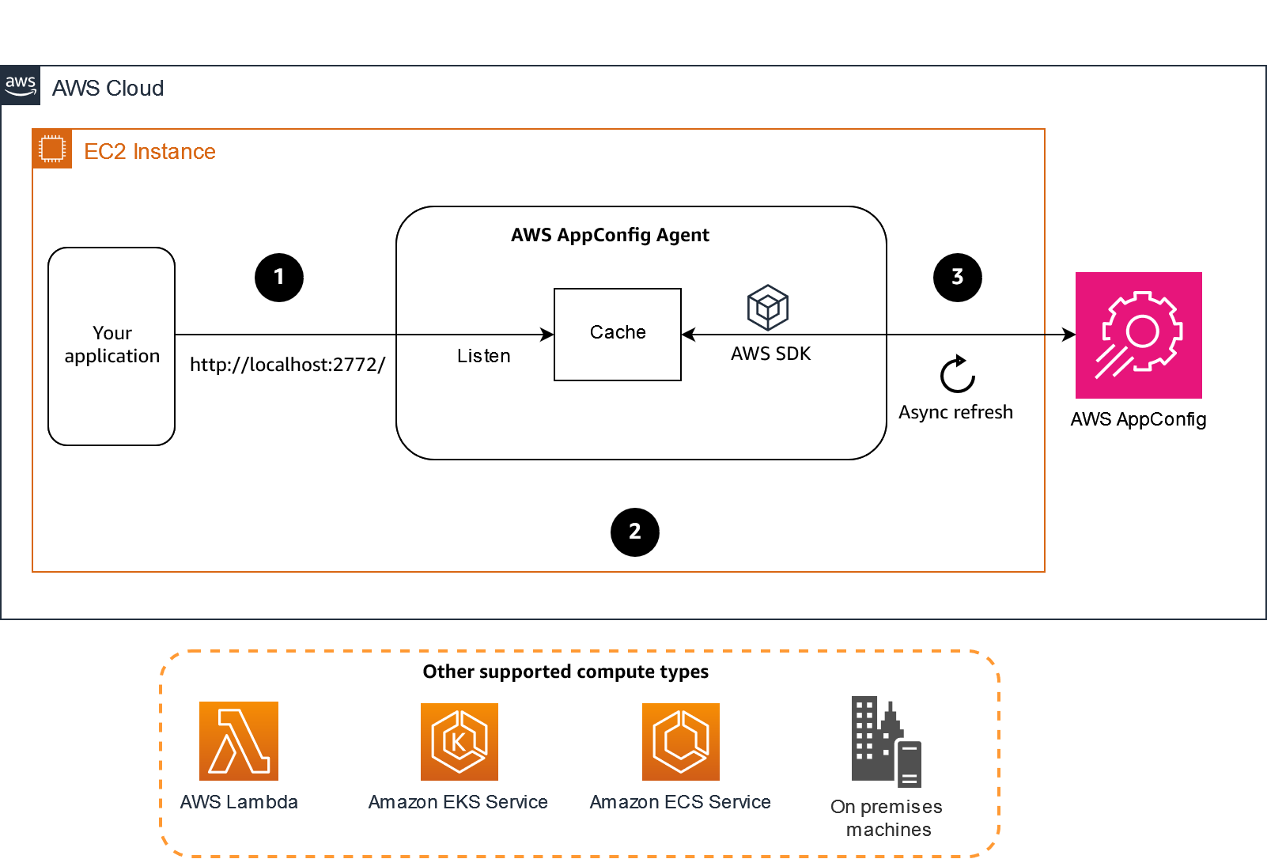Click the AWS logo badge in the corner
(21, 85)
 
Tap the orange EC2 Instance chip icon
(52, 149)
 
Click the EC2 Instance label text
(149, 152)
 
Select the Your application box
(112, 346)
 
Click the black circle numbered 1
(279, 278)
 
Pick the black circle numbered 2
(634, 532)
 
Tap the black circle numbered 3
(957, 278)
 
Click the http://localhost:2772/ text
(287, 365)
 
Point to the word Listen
(483, 356)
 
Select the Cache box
(617, 334)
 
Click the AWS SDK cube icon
(767, 308)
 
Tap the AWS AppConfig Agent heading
(610, 235)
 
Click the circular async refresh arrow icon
(957, 374)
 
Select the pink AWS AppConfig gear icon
(1138, 335)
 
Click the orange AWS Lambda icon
(239, 741)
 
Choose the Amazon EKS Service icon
(459, 741)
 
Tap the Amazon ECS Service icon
(680, 741)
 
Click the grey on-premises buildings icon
(886, 741)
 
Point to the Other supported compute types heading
(565, 672)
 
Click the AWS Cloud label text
(108, 89)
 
